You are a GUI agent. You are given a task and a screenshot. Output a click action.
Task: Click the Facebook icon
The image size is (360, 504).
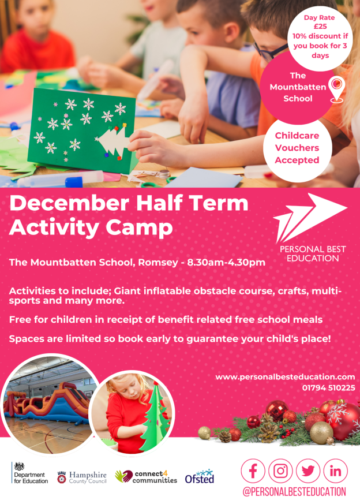pos(253,471)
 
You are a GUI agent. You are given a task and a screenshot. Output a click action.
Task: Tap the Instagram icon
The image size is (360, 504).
pos(280,471)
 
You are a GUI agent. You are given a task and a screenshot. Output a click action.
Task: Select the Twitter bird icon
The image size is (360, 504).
pos(308,471)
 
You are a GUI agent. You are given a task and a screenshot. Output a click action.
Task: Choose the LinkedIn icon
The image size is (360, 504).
pos(336,471)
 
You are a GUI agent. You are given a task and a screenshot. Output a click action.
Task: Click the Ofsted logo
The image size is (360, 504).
pos(200,476)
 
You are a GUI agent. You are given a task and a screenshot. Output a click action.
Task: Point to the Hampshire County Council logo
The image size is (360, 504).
pos(81,477)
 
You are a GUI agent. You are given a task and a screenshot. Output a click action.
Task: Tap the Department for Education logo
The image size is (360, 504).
pos(30,473)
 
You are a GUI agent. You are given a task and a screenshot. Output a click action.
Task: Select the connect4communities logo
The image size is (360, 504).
pos(146,477)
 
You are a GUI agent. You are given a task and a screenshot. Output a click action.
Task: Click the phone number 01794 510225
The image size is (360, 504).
pos(328,388)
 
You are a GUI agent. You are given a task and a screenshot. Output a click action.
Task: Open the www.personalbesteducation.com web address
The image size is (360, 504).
pos(285,377)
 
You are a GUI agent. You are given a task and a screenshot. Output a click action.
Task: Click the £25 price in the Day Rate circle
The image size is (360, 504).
pos(320,27)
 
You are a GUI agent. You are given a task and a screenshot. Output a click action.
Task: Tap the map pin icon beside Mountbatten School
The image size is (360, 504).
pos(337,89)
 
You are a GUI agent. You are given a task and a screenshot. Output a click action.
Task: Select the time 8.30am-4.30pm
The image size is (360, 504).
pos(226,262)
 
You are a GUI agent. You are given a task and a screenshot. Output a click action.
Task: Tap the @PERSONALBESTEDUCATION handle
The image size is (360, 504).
pos(294,492)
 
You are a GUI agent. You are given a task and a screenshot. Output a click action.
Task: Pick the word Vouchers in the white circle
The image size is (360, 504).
pos(297,148)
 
